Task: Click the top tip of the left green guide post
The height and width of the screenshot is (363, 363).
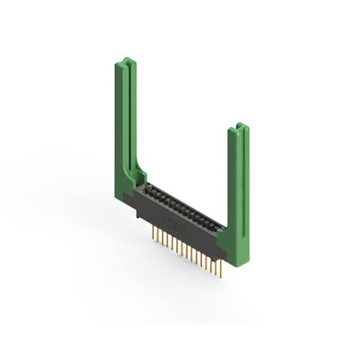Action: [127, 60]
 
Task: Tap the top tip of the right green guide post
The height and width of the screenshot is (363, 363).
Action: [241, 125]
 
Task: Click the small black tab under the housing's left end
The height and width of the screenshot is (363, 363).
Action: [138, 215]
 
